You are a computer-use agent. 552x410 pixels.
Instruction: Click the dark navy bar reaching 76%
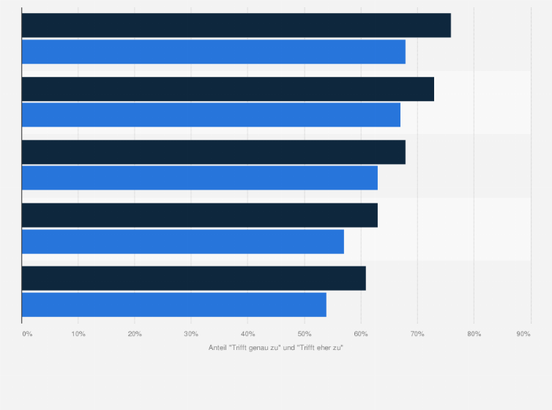point(236,26)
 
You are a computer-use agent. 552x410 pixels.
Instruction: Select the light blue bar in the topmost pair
point(213,52)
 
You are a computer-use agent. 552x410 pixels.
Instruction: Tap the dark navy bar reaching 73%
point(228,89)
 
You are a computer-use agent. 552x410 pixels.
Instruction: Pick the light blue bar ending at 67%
point(211,115)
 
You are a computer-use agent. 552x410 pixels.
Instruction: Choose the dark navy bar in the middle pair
point(213,152)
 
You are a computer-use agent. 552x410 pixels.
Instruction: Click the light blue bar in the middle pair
point(199,178)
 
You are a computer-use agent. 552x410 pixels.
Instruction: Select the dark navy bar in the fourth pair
point(199,215)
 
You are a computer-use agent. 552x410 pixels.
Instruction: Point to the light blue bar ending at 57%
point(182,242)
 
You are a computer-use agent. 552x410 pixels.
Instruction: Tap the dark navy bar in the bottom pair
point(193,278)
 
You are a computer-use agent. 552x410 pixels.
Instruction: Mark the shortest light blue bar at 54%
point(174,305)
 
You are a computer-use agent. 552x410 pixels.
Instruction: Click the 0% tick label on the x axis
point(27,334)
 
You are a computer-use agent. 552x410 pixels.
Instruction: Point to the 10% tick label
point(78,334)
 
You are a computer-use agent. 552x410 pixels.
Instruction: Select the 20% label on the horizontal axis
point(135,334)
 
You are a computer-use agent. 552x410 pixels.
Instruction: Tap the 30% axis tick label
point(191,334)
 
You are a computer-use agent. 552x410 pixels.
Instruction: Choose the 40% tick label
point(247,334)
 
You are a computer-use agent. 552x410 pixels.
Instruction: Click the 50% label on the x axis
point(304,334)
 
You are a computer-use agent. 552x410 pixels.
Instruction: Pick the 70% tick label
point(417,334)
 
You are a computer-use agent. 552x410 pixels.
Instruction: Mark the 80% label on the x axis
point(474,334)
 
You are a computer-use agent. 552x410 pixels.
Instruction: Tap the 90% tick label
point(523,334)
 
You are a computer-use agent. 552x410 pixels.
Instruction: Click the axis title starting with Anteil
point(276,347)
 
